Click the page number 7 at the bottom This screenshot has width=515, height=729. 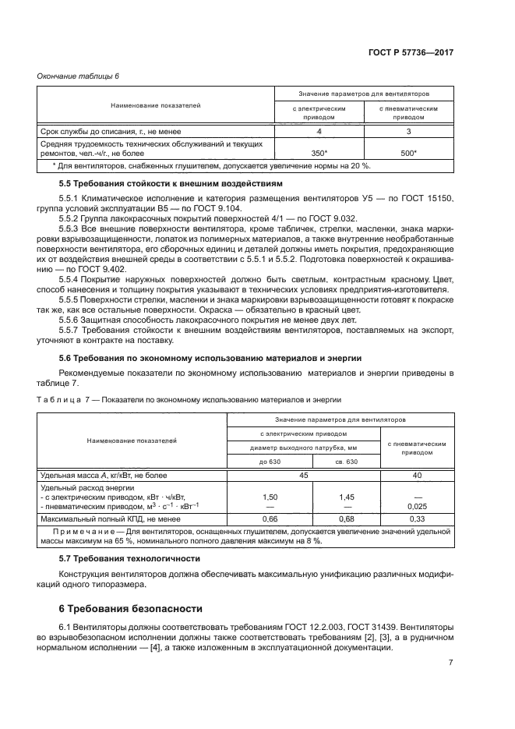coord(450,663)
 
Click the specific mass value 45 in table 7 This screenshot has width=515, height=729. coord(303,475)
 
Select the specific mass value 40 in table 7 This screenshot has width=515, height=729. coord(417,475)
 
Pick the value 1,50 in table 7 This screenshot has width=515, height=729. coord(270,497)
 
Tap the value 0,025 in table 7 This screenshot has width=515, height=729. coord(417,507)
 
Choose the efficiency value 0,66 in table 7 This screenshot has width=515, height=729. coord(270,518)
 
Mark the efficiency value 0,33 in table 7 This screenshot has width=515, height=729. coord(417,518)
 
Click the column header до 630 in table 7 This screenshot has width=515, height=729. coord(269,462)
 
